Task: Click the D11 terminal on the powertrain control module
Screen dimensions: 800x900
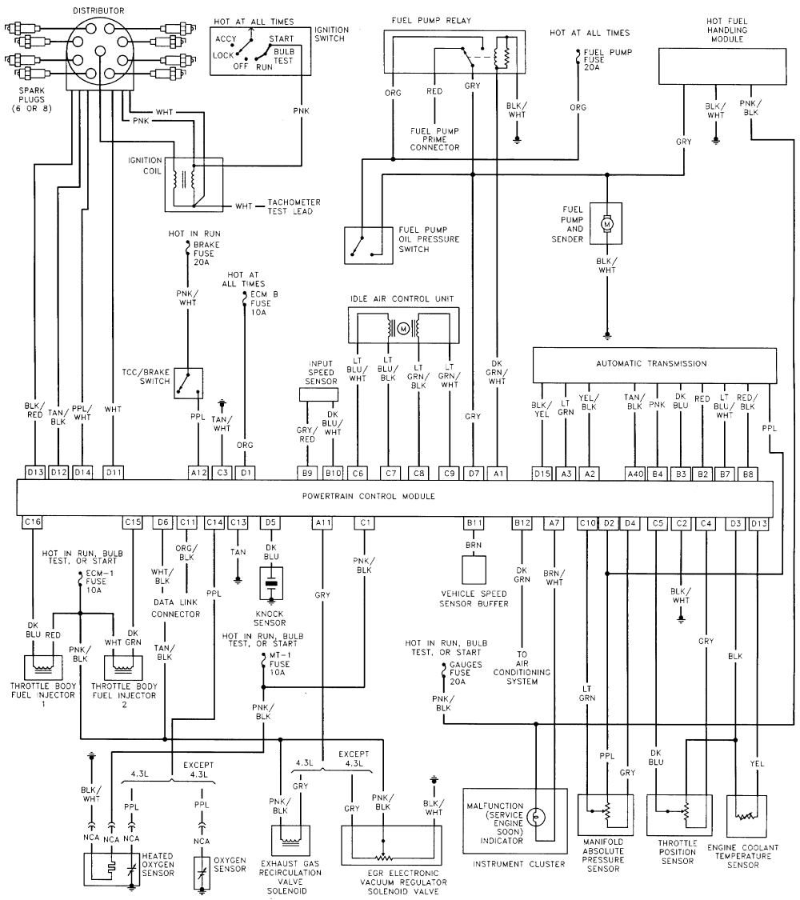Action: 113,472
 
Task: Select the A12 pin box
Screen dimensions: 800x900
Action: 198,472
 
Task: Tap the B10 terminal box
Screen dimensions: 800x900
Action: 333,473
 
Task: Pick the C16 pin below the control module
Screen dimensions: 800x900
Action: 32,522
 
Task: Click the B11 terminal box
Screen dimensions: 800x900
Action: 474,523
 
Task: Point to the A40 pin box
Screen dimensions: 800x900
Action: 635,474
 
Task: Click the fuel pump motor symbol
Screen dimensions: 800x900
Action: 606,222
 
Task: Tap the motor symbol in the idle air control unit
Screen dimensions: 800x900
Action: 403,328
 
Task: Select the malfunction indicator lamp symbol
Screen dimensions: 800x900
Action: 535,816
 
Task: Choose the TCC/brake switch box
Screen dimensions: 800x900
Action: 188,383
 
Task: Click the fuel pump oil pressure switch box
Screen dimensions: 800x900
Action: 369,245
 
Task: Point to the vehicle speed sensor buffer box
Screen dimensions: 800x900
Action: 474,570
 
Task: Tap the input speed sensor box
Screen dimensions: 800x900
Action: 318,394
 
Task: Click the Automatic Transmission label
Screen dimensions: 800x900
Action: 651,363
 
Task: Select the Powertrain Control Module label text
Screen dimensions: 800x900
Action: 369,496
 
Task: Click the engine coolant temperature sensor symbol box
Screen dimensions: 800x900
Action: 746,815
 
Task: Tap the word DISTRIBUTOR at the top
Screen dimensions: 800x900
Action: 98,10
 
